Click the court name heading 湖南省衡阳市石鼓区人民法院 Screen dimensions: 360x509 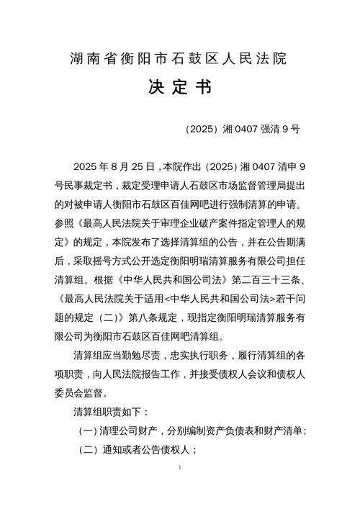pyautogui.click(x=179, y=59)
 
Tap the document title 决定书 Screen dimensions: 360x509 pyautogui.click(x=179, y=89)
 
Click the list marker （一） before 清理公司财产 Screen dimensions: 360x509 pyautogui.click(x=89, y=431)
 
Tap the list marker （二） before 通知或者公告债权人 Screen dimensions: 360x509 pyautogui.click(x=89, y=449)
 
